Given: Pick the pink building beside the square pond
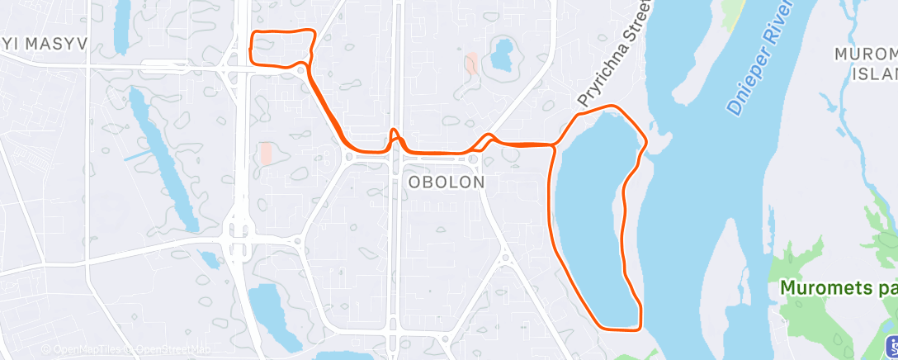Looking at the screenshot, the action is click(471, 64).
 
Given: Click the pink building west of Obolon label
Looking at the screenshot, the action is click(266, 153).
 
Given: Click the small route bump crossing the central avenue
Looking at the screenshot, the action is click(395, 136).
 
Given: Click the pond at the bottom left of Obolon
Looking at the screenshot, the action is click(267, 309).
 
